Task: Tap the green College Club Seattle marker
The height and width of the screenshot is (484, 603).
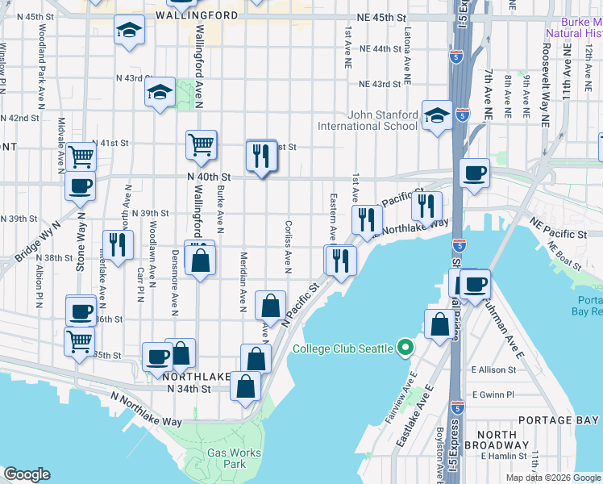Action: point(405,348)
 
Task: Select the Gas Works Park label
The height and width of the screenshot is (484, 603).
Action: point(234,459)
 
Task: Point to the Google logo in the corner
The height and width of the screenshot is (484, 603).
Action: point(27,474)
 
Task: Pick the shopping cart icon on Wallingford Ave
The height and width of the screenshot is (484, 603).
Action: point(201,145)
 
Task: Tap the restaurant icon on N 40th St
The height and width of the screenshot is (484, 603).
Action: point(261,155)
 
